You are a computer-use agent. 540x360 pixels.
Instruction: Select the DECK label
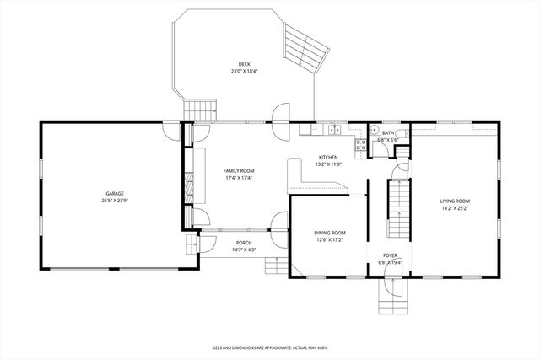pos(244,64)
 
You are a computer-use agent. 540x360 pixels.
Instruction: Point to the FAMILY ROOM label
pos(239,170)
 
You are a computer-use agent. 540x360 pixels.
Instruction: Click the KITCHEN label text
pos(327,157)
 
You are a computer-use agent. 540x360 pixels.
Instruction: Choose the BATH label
pos(387,132)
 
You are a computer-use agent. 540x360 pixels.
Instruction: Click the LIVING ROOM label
pos(454,201)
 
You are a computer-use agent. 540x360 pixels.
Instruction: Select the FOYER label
pos(391,255)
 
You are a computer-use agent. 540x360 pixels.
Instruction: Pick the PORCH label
pos(244,243)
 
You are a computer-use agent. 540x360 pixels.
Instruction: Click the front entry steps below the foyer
pos(391,295)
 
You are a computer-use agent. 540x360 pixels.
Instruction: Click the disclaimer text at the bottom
pos(270,347)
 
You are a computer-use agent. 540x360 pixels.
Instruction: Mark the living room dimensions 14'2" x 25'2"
pos(454,209)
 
